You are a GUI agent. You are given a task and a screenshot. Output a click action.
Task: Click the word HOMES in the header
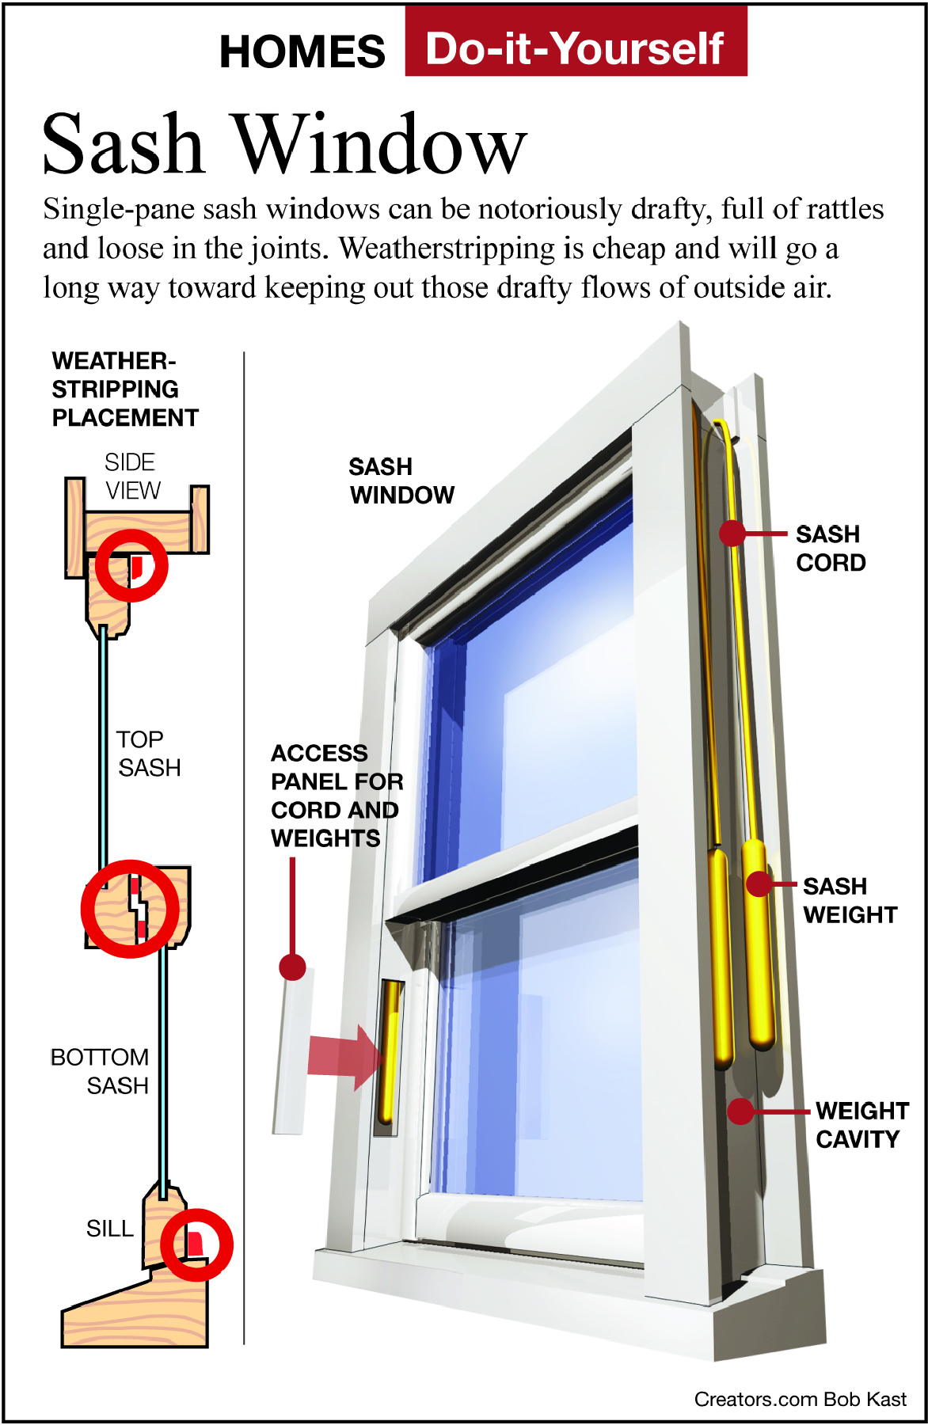(302, 52)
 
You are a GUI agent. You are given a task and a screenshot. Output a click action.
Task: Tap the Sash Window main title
(284, 144)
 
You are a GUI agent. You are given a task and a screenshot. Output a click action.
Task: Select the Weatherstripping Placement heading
(124, 389)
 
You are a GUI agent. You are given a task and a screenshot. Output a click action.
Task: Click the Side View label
(131, 476)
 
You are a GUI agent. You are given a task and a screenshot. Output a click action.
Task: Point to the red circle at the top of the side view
(131, 566)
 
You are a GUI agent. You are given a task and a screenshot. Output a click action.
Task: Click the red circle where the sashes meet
(130, 909)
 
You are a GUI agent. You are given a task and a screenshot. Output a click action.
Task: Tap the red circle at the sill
(196, 1244)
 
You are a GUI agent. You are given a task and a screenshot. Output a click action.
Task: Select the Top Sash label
(147, 753)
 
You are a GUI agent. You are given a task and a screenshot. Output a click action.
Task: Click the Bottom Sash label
(100, 1071)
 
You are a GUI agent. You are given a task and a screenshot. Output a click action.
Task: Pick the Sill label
(109, 1228)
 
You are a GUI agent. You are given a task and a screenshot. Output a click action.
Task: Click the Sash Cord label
(830, 548)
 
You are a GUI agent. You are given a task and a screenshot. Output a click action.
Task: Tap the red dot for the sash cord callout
(732, 533)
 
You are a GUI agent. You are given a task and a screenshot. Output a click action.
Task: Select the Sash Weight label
(849, 900)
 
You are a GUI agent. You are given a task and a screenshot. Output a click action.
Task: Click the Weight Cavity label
(861, 1124)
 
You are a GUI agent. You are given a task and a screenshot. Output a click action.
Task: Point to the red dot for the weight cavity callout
(740, 1111)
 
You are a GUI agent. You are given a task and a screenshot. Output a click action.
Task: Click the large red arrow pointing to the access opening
(345, 1056)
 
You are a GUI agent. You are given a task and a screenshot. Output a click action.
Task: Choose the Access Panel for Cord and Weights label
(336, 795)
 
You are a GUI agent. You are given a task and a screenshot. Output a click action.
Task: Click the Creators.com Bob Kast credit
(800, 1399)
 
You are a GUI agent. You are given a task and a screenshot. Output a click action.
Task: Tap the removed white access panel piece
(291, 1053)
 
